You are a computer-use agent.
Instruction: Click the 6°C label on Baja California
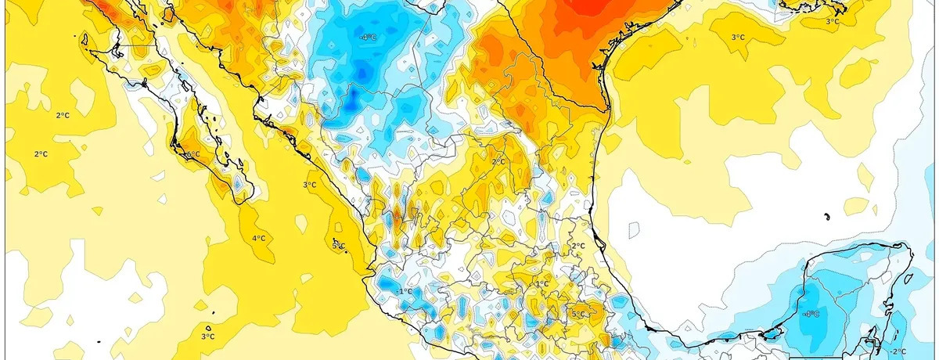192,154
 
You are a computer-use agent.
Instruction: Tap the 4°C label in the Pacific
258,238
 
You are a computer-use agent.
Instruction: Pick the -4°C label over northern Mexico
368,38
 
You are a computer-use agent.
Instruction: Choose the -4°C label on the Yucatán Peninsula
811,314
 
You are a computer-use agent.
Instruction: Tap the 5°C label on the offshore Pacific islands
338,246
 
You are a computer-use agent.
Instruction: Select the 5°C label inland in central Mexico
577,315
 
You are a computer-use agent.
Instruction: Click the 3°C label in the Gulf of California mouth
309,185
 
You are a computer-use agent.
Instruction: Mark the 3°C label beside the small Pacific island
207,337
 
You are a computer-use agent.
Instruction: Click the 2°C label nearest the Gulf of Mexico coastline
578,246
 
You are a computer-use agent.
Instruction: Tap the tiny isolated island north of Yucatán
826,216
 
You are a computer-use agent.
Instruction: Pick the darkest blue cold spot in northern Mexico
353,97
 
